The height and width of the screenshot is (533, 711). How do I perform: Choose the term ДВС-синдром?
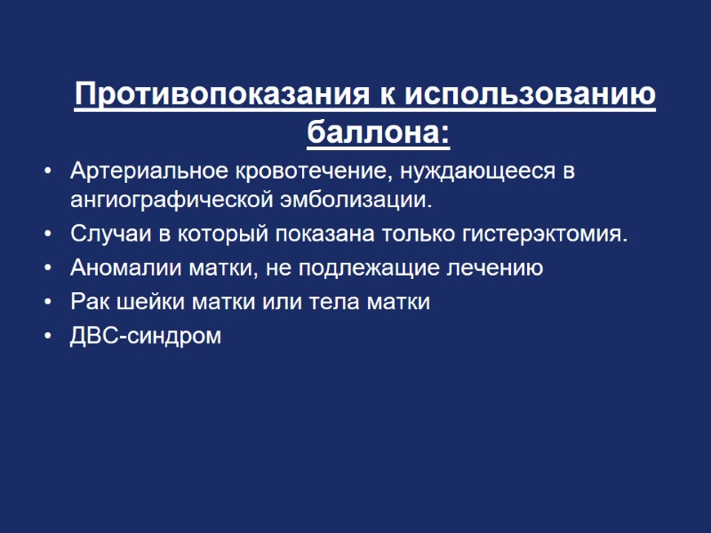point(146,337)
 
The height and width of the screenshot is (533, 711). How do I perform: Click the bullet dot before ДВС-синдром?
point(47,338)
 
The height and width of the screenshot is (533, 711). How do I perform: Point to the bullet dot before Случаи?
point(47,235)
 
